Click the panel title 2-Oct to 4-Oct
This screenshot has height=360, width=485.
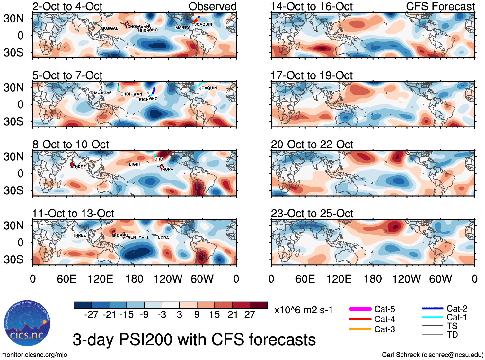[67, 6]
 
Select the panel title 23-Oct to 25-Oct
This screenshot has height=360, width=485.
[312, 214]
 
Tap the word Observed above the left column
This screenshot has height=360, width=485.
[212, 6]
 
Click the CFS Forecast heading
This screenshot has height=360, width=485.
[440, 6]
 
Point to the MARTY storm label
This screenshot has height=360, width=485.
[182, 28]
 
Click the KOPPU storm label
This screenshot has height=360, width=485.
[121, 236]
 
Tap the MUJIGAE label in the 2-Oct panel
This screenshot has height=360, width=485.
[110, 28]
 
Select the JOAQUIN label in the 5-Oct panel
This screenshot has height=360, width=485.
[208, 88]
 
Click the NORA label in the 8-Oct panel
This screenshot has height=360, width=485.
[168, 169]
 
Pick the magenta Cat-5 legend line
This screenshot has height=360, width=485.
[360, 309]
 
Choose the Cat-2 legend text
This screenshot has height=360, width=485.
[457, 309]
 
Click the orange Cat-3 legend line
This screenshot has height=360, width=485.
[360, 329]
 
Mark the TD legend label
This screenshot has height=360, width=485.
[452, 335]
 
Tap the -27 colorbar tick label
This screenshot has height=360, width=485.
[91, 315]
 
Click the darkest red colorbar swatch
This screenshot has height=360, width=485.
[259, 305]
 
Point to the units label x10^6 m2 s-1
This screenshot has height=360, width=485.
[303, 310]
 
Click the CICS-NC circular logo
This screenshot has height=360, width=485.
[27, 323]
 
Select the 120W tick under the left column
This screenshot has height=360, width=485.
[168, 279]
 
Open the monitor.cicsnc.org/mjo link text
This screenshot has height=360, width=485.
[34, 355]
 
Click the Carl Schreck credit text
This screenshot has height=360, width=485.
[432, 355]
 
